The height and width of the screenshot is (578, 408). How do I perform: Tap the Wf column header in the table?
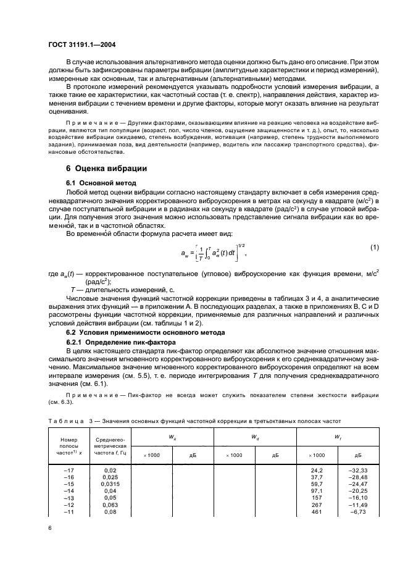[338, 437]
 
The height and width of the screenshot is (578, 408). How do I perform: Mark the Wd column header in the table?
[254, 437]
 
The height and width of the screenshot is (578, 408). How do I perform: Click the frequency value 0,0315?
[110, 484]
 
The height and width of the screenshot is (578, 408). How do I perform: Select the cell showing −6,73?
[359, 512]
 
